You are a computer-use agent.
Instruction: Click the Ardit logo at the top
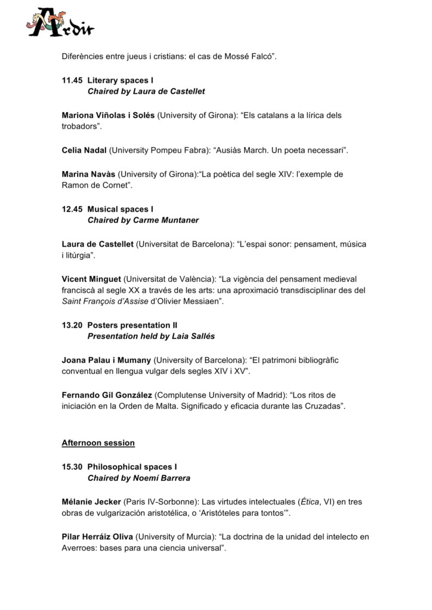pyautogui.click(x=60, y=23)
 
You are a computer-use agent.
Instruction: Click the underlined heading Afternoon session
pyautogui.click(x=98, y=443)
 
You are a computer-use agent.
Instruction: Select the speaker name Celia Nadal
pyautogui.click(x=84, y=150)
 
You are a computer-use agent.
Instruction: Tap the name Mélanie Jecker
pyautogui.click(x=91, y=502)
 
